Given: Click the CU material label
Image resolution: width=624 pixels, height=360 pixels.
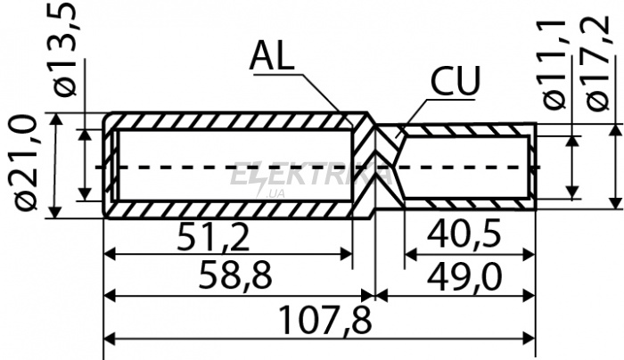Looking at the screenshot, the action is pos(456,81).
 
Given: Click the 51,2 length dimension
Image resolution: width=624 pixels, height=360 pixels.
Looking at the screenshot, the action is pos(214,237).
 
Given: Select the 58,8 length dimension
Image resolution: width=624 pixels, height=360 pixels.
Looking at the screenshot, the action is pos(235,274).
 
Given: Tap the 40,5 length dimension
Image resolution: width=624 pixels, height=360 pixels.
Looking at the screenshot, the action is pos(464,235).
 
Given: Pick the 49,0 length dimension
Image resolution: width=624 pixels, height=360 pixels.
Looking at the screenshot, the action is pos(464,276).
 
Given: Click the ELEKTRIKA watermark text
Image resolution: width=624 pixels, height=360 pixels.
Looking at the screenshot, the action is pos(310,173).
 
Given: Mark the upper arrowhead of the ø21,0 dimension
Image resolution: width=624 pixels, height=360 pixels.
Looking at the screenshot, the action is pos(56,120).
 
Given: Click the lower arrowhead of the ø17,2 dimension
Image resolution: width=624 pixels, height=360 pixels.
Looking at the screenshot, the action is pos(617,201).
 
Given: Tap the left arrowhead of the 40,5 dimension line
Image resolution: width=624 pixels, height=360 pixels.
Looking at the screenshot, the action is pos(412,254).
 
